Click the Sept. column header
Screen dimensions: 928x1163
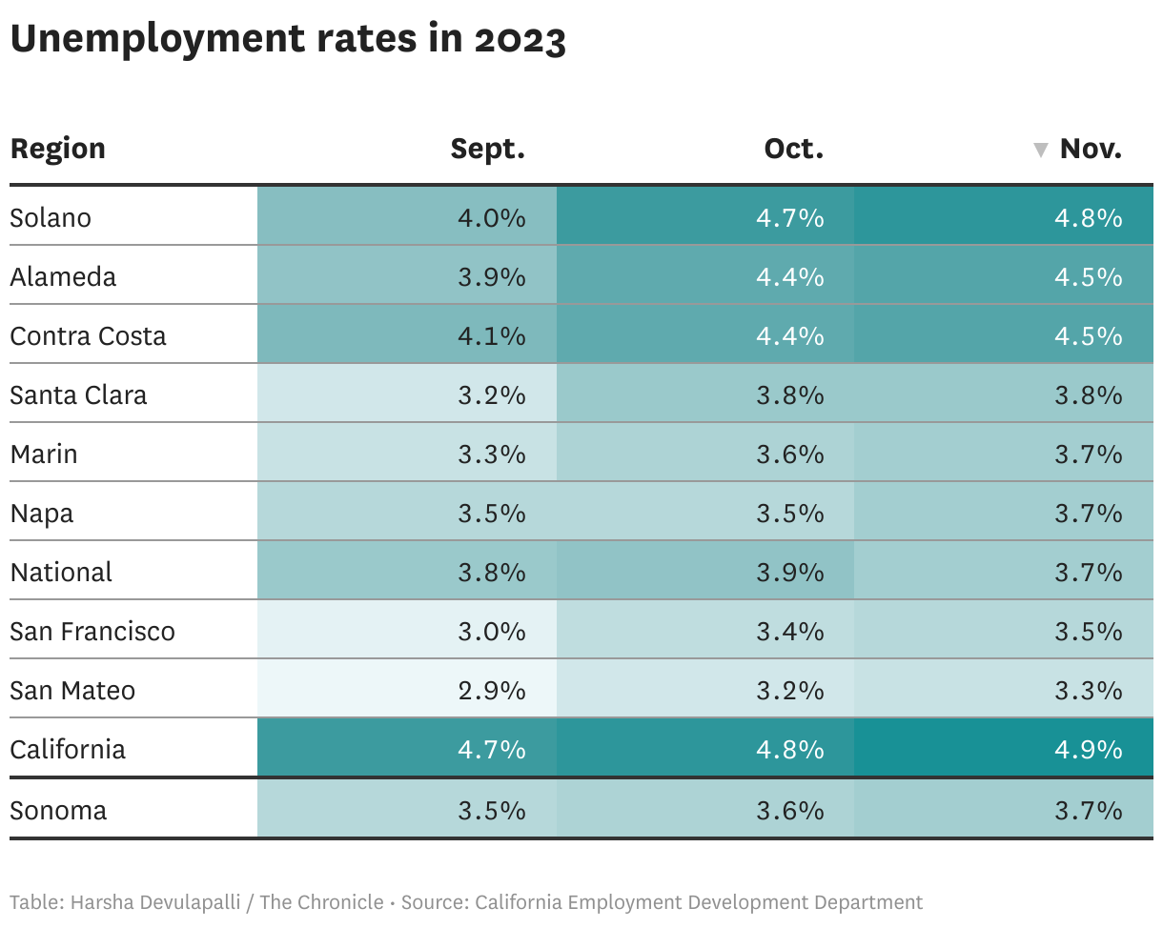(487, 150)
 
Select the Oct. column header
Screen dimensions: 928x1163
(793, 150)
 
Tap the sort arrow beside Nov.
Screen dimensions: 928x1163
(1041, 151)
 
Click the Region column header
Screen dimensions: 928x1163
(57, 150)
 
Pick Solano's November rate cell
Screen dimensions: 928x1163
(1088, 217)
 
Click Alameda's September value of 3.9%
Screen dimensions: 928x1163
(491, 276)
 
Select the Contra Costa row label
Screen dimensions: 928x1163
(88, 335)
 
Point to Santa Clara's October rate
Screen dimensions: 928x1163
(789, 394)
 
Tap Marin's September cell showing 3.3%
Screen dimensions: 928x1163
(491, 454)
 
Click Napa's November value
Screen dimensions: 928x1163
(1088, 513)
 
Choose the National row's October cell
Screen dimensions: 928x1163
(789, 572)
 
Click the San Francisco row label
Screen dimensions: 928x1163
(92, 631)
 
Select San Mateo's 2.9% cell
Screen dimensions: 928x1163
(491, 690)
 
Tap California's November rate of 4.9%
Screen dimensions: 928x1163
(1088, 749)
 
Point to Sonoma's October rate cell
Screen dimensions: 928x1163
(789, 810)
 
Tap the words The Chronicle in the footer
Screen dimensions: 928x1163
(322, 901)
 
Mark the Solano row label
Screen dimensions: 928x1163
(51, 217)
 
